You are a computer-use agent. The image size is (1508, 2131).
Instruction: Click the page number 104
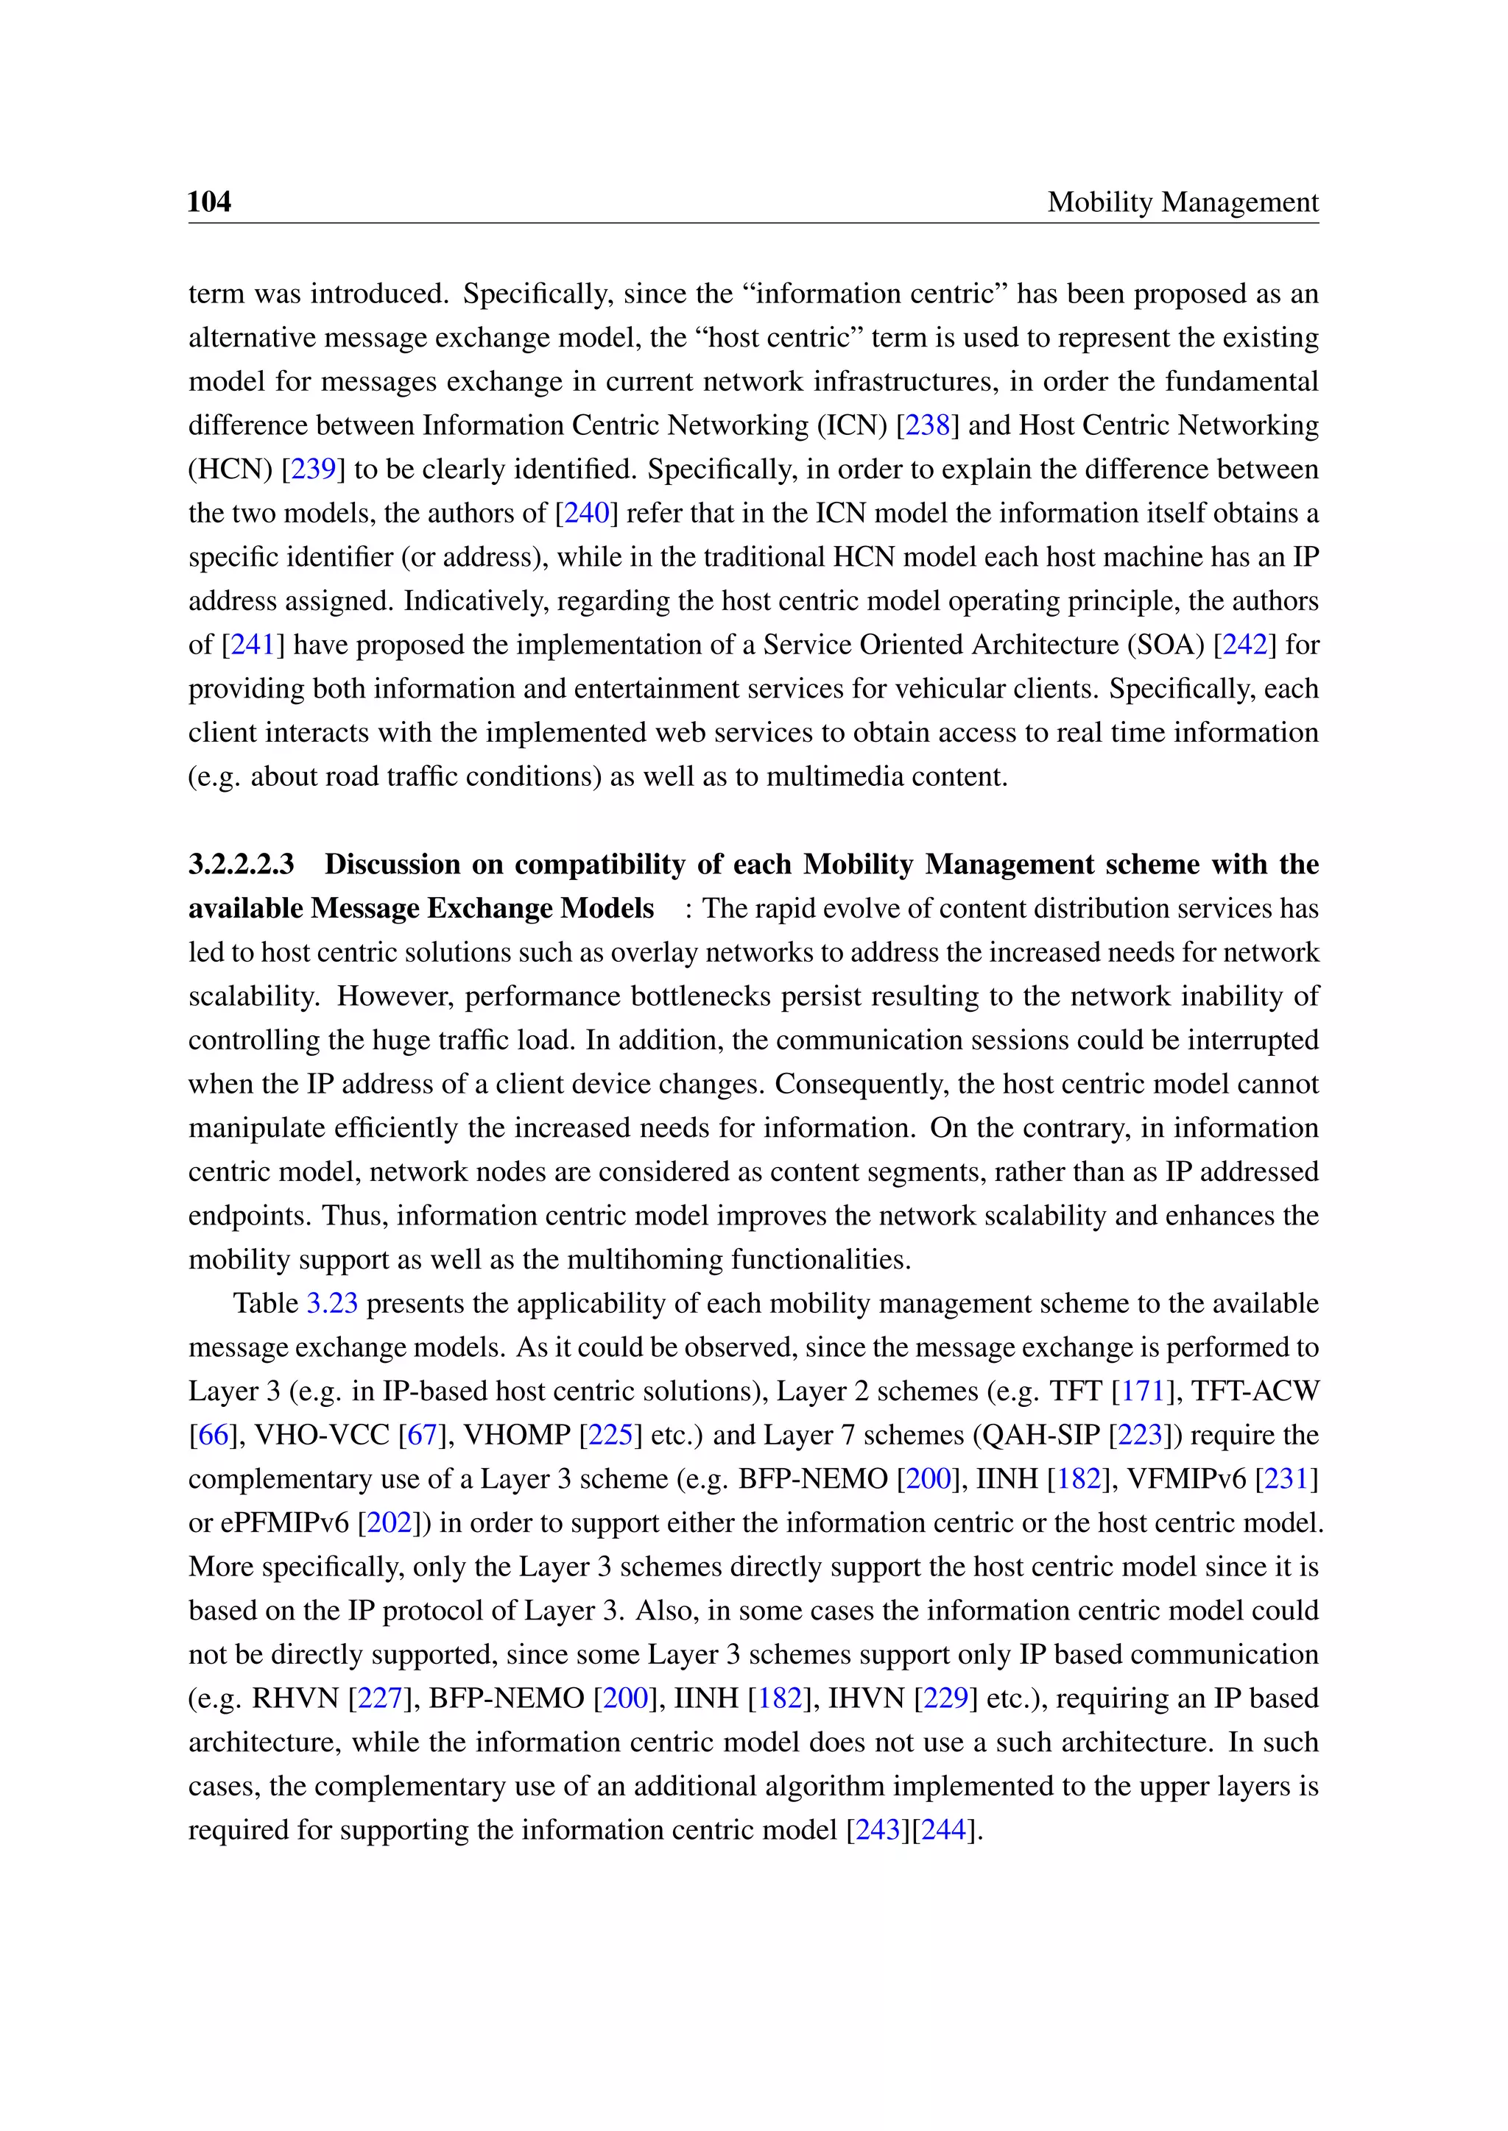[x=209, y=202]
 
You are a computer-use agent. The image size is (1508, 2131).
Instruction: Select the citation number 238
[x=927, y=425]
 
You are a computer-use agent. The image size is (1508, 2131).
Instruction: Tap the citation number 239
[x=313, y=469]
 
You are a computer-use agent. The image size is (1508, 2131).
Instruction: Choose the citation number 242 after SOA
[x=1244, y=644]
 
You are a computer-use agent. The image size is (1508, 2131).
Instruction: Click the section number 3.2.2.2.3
[x=242, y=864]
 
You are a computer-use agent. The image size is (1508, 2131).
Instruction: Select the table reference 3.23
[x=331, y=1303]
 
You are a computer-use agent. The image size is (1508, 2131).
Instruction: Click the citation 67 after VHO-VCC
[x=422, y=1435]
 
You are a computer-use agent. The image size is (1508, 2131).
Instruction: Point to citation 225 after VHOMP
[x=610, y=1435]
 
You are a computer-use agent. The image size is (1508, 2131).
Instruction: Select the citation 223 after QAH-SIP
[x=1139, y=1435]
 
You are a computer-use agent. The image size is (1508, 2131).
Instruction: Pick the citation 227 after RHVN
[x=379, y=1698]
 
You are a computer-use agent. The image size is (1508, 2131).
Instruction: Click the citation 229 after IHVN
[x=945, y=1698]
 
